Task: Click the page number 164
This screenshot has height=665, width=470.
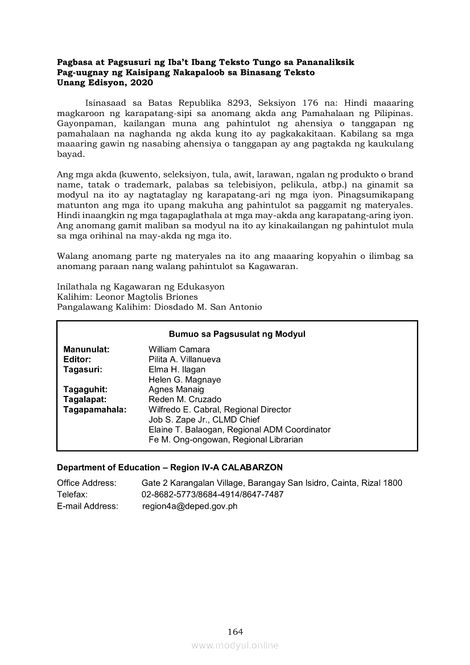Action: pyautogui.click(x=235, y=631)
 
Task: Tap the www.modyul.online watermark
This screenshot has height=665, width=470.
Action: pyautogui.click(x=235, y=645)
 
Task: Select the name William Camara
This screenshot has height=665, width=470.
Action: pyautogui.click(x=179, y=349)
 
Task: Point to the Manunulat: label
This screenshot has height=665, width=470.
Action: pyautogui.click(x=86, y=349)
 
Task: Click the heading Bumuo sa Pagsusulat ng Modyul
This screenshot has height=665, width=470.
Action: pyautogui.click(x=237, y=334)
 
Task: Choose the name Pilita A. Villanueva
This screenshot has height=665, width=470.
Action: pyautogui.click(x=184, y=360)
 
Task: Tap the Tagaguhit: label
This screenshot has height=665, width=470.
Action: pyautogui.click(x=85, y=390)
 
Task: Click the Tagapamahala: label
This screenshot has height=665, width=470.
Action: pyautogui.click(x=95, y=410)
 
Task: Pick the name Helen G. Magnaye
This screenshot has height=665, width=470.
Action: pyautogui.click(x=184, y=379)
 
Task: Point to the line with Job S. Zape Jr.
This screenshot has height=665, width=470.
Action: pyautogui.click(x=204, y=420)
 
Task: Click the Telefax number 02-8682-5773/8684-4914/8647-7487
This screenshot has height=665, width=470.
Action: pyautogui.click(x=212, y=494)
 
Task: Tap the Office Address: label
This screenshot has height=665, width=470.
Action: pyautogui.click(x=86, y=483)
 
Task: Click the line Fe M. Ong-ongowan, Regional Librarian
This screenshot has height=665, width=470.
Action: pyautogui.click(x=225, y=440)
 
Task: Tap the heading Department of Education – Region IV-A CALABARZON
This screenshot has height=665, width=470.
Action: pyautogui.click(x=170, y=468)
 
